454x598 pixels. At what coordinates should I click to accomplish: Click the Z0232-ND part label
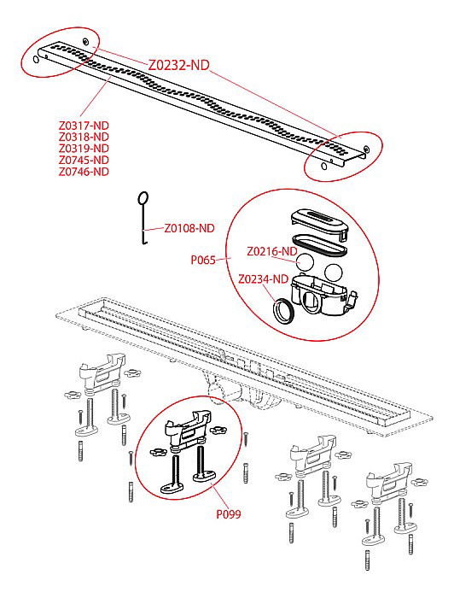tap(178, 65)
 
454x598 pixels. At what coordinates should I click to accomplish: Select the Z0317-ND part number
tap(84, 126)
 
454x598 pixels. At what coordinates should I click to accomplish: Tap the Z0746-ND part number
tap(84, 172)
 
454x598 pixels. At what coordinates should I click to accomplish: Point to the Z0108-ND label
tap(189, 228)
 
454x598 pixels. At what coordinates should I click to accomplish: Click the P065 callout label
tap(203, 260)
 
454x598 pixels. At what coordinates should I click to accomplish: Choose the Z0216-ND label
tap(272, 252)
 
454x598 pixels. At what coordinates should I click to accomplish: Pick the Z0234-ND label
tap(263, 279)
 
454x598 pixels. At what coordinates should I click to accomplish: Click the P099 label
tap(229, 514)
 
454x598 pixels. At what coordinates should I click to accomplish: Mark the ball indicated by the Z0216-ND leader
tap(305, 262)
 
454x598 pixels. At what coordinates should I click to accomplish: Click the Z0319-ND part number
tap(84, 149)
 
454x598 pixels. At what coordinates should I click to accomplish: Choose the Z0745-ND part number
tap(84, 161)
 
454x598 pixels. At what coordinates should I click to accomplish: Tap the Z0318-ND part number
tap(84, 137)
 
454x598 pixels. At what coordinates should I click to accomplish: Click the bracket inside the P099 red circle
tap(187, 429)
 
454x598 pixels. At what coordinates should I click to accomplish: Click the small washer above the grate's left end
tap(85, 41)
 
